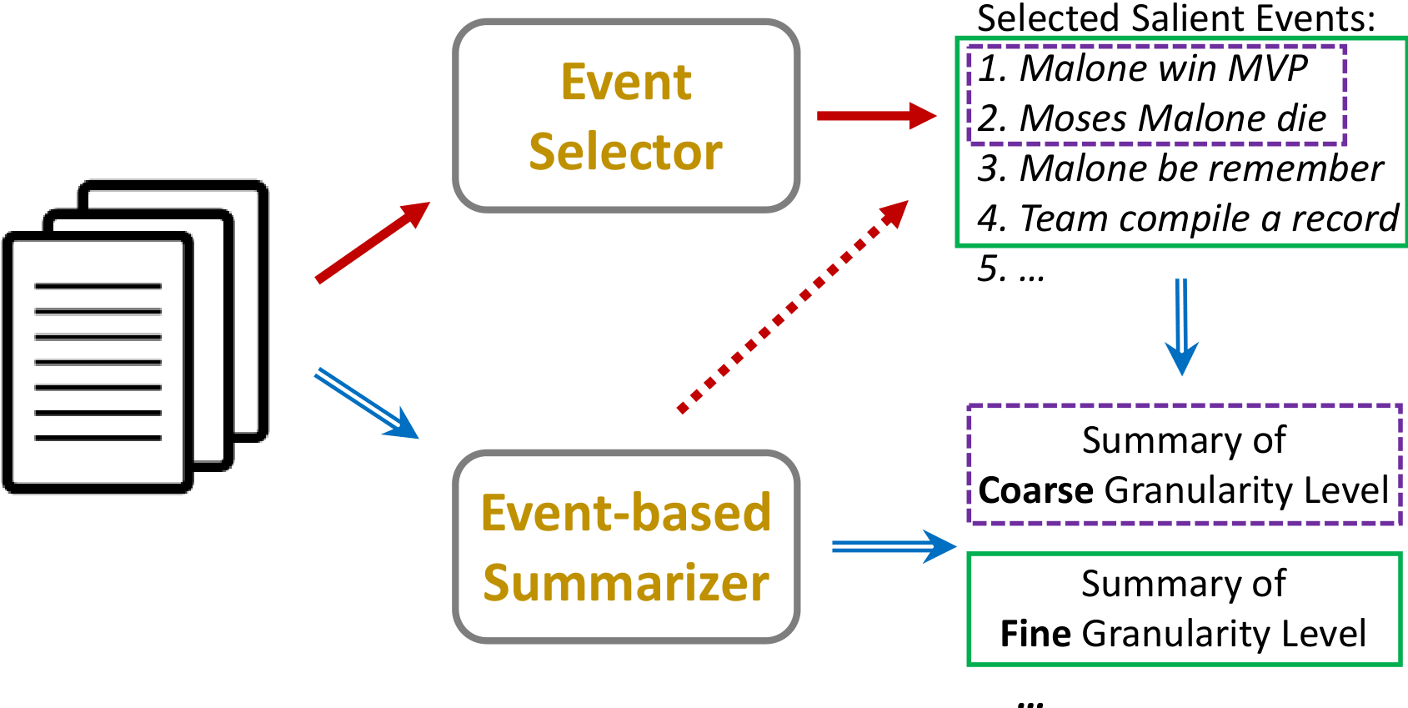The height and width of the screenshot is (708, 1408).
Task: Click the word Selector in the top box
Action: click(625, 152)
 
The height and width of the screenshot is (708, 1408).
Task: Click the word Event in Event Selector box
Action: click(625, 82)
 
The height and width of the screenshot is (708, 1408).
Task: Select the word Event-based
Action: click(625, 512)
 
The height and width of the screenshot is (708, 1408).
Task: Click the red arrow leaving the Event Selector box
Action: click(875, 116)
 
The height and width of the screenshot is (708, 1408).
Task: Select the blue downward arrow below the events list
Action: click(1181, 325)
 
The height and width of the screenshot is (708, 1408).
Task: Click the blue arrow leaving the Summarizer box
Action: click(892, 547)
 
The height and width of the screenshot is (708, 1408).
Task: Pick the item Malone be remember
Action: click(1180, 168)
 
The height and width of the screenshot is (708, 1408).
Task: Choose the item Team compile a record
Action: click(1187, 218)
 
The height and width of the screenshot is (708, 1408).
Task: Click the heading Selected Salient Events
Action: click(1175, 18)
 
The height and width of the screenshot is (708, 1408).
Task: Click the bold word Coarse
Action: click(1035, 490)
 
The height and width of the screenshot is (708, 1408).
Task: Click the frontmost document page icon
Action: click(98, 363)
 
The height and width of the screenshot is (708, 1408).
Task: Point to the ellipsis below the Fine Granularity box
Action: click(1031, 702)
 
